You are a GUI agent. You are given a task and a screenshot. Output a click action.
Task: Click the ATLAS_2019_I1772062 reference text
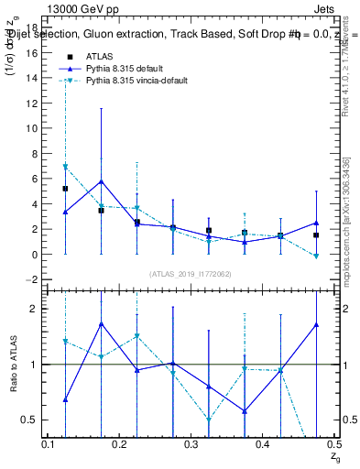tap(190, 273)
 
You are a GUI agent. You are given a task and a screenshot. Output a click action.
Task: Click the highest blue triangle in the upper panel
tap(101, 181)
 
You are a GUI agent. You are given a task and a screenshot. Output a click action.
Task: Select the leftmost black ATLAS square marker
tap(65, 189)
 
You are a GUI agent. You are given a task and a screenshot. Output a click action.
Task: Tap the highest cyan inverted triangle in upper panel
tap(65, 167)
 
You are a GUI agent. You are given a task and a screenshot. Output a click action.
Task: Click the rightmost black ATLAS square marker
tap(315, 235)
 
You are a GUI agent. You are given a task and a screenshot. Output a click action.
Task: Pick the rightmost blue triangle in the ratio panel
tap(315, 324)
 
